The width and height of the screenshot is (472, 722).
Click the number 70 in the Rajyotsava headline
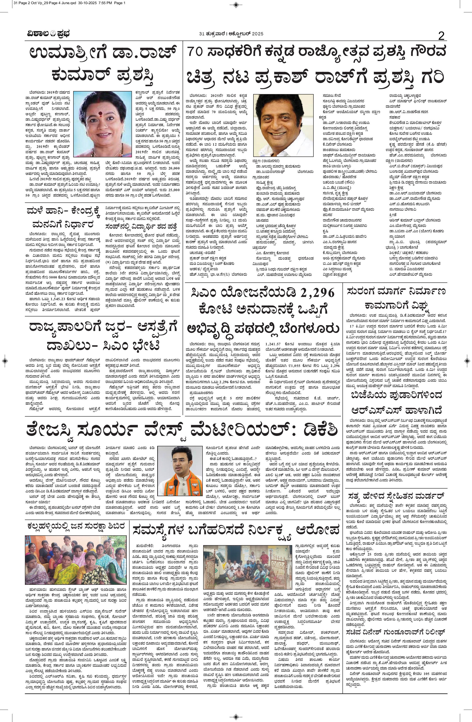click(196, 52)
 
